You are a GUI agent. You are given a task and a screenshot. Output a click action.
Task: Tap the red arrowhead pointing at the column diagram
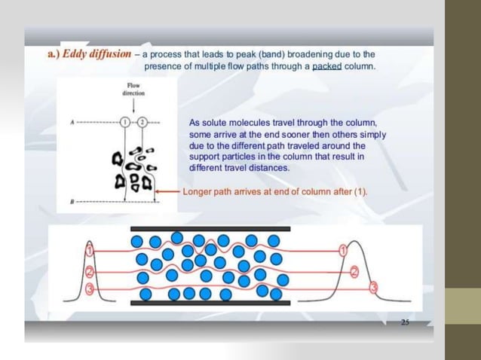pyautogui.click(x=159, y=191)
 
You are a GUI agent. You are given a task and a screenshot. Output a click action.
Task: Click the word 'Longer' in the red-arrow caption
pyautogui.click(x=198, y=191)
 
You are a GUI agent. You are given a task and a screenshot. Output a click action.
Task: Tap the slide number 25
pyautogui.click(x=404, y=322)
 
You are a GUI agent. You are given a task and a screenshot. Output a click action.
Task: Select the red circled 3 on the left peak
pyautogui.click(x=90, y=288)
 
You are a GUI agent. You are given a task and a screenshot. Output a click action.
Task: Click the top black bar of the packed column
pyautogui.click(x=210, y=227)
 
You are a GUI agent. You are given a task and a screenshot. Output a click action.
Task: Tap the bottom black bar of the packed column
pyautogui.click(x=210, y=302)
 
